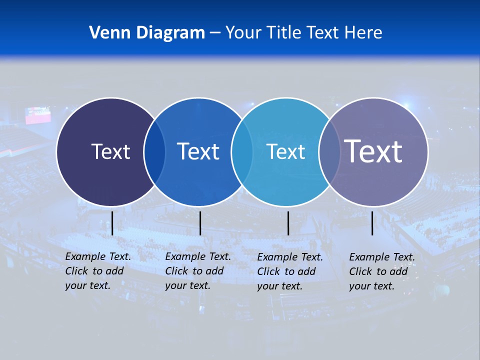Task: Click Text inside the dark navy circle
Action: [110, 151]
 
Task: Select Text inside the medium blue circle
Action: [198, 151]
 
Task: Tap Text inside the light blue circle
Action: [285, 151]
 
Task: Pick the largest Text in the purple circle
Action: [373, 151]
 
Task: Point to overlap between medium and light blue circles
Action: [242, 152]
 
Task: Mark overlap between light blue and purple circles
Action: [329, 152]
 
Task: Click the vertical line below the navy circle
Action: [112, 223]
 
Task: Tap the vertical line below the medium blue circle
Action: [200, 223]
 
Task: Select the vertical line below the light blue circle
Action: [288, 223]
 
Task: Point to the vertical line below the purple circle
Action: [372, 223]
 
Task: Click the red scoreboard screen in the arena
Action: [38, 115]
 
